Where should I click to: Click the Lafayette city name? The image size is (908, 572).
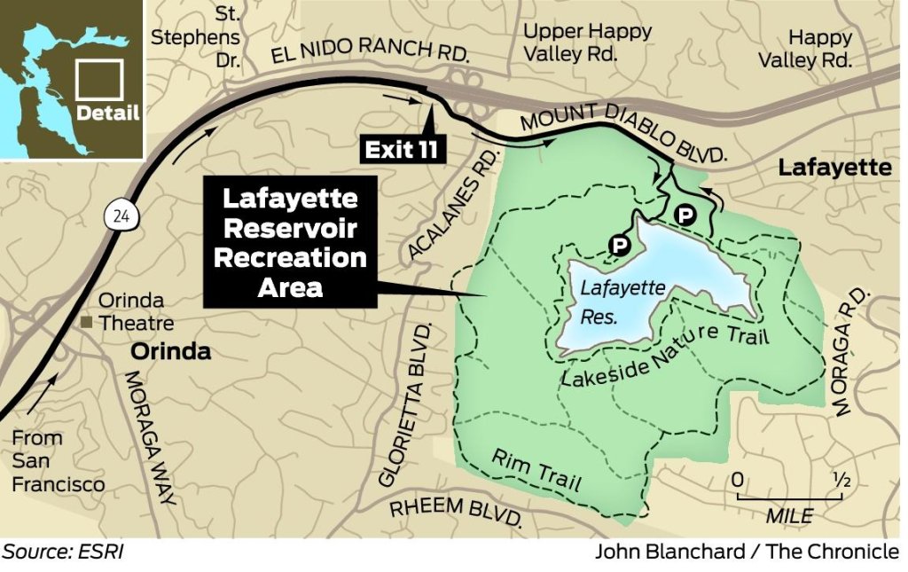click(834, 167)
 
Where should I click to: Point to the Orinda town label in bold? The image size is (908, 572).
click(171, 351)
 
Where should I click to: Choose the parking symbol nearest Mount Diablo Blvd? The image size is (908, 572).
click(685, 214)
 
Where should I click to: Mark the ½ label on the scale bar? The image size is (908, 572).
click(841, 480)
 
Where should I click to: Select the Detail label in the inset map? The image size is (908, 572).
click(107, 113)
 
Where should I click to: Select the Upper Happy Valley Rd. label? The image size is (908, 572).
click(587, 42)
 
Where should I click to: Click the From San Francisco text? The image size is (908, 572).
click(59, 461)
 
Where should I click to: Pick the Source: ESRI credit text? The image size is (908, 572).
click(62, 552)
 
